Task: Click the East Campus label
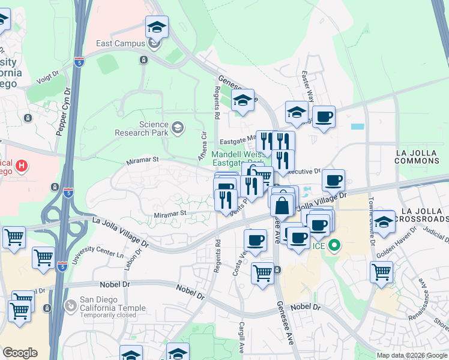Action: [x=121, y=43]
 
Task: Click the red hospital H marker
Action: [x=22, y=165]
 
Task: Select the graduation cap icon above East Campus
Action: [x=157, y=26]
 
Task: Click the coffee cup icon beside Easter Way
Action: [x=324, y=116]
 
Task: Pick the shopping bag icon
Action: [x=282, y=206]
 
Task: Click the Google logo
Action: [x=20, y=353]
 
